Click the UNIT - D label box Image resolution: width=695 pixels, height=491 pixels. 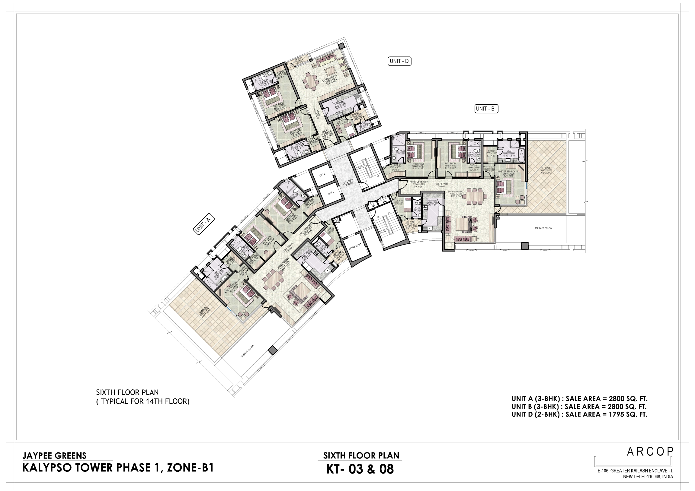pyautogui.click(x=399, y=61)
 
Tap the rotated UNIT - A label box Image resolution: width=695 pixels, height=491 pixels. pyautogui.click(x=203, y=224)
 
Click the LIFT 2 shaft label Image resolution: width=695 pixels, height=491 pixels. pyautogui.click(x=322, y=174)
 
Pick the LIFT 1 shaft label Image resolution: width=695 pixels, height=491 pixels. pyautogui.click(x=331, y=193)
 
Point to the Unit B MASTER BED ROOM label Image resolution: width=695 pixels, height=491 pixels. pyautogui.click(x=508, y=171)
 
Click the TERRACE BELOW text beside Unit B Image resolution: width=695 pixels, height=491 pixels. pyautogui.click(x=543, y=228)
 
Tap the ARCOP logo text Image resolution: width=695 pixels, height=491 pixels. pyautogui.click(x=650, y=452)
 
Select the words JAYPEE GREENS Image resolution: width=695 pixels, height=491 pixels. pyautogui.click(x=54, y=456)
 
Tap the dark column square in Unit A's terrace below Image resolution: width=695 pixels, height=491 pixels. pyautogui.click(x=273, y=350)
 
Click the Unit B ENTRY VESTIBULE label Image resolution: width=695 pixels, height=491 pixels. pyautogui.click(x=419, y=182)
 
